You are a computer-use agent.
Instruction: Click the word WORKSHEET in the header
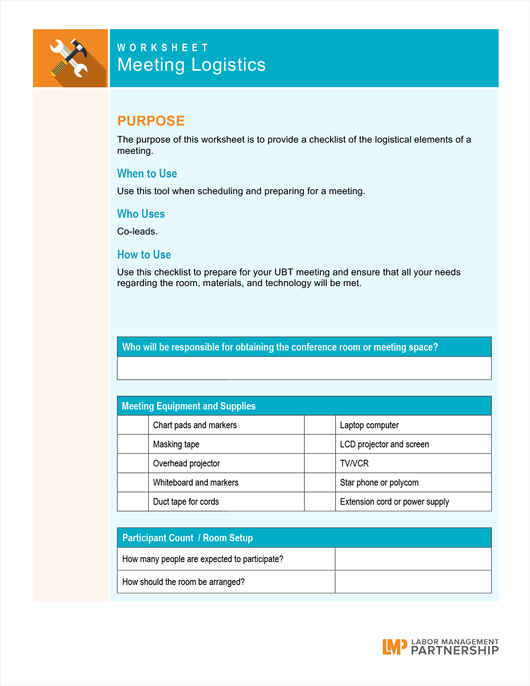[163, 48]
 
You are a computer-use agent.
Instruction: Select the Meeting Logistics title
[191, 65]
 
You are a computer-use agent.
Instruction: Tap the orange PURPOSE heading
[151, 121]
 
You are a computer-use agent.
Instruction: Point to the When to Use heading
[147, 173]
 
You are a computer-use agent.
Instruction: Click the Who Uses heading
[141, 214]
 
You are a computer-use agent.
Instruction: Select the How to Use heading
[144, 254]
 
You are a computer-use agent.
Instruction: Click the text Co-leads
[137, 232]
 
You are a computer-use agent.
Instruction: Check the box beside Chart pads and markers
[133, 425]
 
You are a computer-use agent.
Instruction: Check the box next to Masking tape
[133, 444]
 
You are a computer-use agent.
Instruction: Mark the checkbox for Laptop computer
[320, 425]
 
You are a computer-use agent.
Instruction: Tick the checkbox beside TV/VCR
[320, 463]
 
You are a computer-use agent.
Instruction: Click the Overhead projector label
[186, 464]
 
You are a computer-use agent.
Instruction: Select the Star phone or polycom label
[379, 483]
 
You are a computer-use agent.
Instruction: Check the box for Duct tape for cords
[133, 501]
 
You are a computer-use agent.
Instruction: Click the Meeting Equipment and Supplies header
[189, 406]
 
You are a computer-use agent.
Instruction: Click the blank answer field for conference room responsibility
[304, 368]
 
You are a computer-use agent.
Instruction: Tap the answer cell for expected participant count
[413, 559]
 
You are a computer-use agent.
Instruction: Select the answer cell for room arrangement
[413, 582]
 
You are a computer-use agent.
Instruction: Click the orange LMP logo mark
[394, 647]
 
